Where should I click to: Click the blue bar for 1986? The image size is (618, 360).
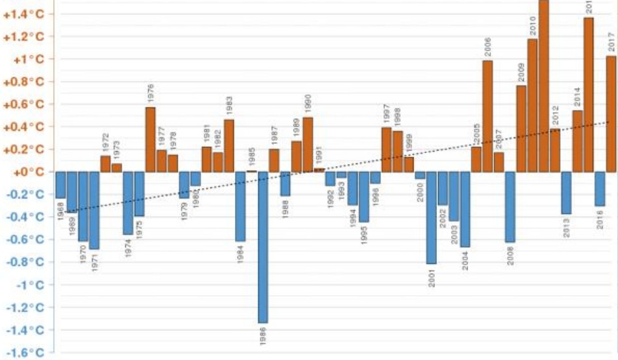[263, 247]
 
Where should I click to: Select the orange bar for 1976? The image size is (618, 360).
[150, 139]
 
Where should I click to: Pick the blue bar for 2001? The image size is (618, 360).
[432, 218]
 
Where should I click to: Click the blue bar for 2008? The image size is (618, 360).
[510, 207]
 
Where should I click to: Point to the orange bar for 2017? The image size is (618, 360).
[611, 114]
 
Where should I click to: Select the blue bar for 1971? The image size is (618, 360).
[94, 210]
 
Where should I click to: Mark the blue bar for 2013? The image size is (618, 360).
[566, 193]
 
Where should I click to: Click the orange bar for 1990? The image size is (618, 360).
[308, 145]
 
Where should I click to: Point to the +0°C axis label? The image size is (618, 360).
[28, 172]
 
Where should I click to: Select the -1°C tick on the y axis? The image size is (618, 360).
[32, 285]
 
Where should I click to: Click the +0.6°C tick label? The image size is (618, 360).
[26, 104]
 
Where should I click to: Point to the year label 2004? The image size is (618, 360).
[465, 259]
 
